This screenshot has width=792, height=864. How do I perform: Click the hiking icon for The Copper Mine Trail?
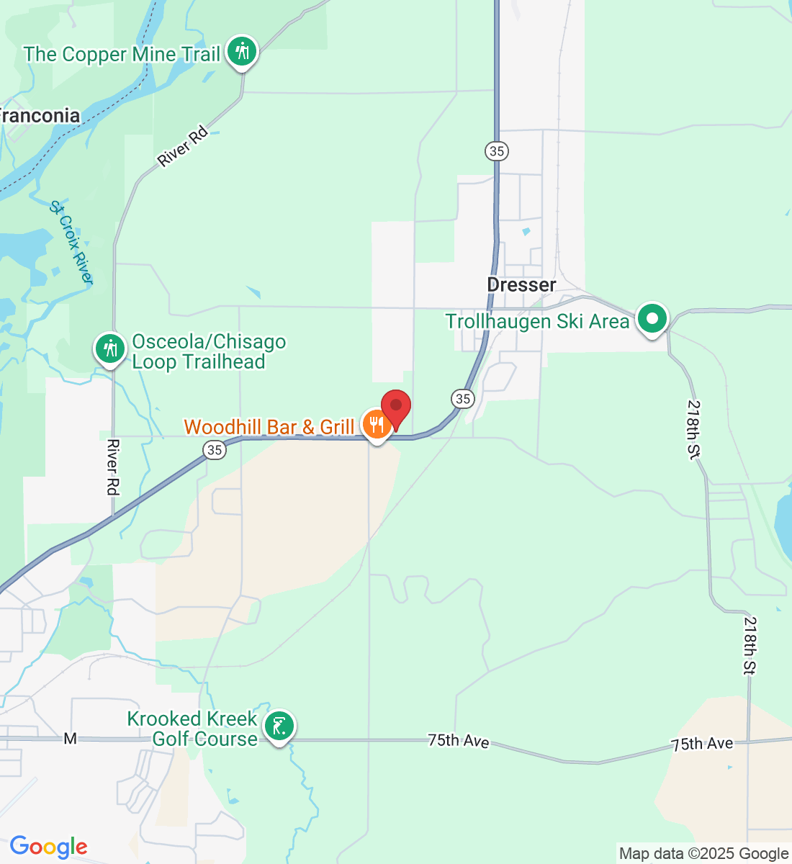242,52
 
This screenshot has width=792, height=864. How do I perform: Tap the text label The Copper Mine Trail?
122,55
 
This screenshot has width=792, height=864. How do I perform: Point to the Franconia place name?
40,116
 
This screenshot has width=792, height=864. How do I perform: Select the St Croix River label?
71,242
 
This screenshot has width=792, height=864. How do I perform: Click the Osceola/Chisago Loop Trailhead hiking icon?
110,348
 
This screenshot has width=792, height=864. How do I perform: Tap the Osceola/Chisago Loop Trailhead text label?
209,352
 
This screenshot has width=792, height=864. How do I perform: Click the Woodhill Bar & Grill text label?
269,427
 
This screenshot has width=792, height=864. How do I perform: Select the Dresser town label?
521,285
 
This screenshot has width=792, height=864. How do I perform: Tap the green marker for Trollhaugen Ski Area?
652,318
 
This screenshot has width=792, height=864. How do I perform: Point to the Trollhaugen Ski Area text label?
537,321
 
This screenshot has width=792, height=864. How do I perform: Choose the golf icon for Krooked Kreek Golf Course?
279,726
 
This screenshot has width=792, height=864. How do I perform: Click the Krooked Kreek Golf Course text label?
192,729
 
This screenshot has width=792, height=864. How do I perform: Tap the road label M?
70,739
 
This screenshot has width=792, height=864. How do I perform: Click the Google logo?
48,847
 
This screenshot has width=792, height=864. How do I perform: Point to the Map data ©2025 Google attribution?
703,854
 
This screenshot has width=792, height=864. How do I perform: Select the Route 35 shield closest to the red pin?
463,398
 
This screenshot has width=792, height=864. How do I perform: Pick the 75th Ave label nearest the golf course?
459,740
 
